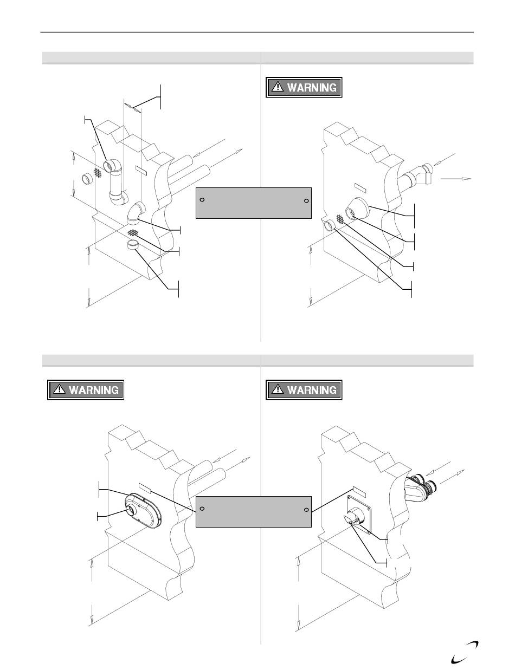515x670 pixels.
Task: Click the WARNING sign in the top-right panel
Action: (x=304, y=87)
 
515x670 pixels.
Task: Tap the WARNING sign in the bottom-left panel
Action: (x=86, y=389)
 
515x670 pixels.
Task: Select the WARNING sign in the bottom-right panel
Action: (x=304, y=389)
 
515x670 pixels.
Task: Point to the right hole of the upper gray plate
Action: (x=306, y=201)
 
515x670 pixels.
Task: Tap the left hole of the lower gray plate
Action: (x=202, y=509)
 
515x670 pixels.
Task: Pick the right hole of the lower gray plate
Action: (x=306, y=510)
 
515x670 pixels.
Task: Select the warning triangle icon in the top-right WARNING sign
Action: (x=278, y=87)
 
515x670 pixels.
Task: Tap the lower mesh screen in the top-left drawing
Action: (x=133, y=232)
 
